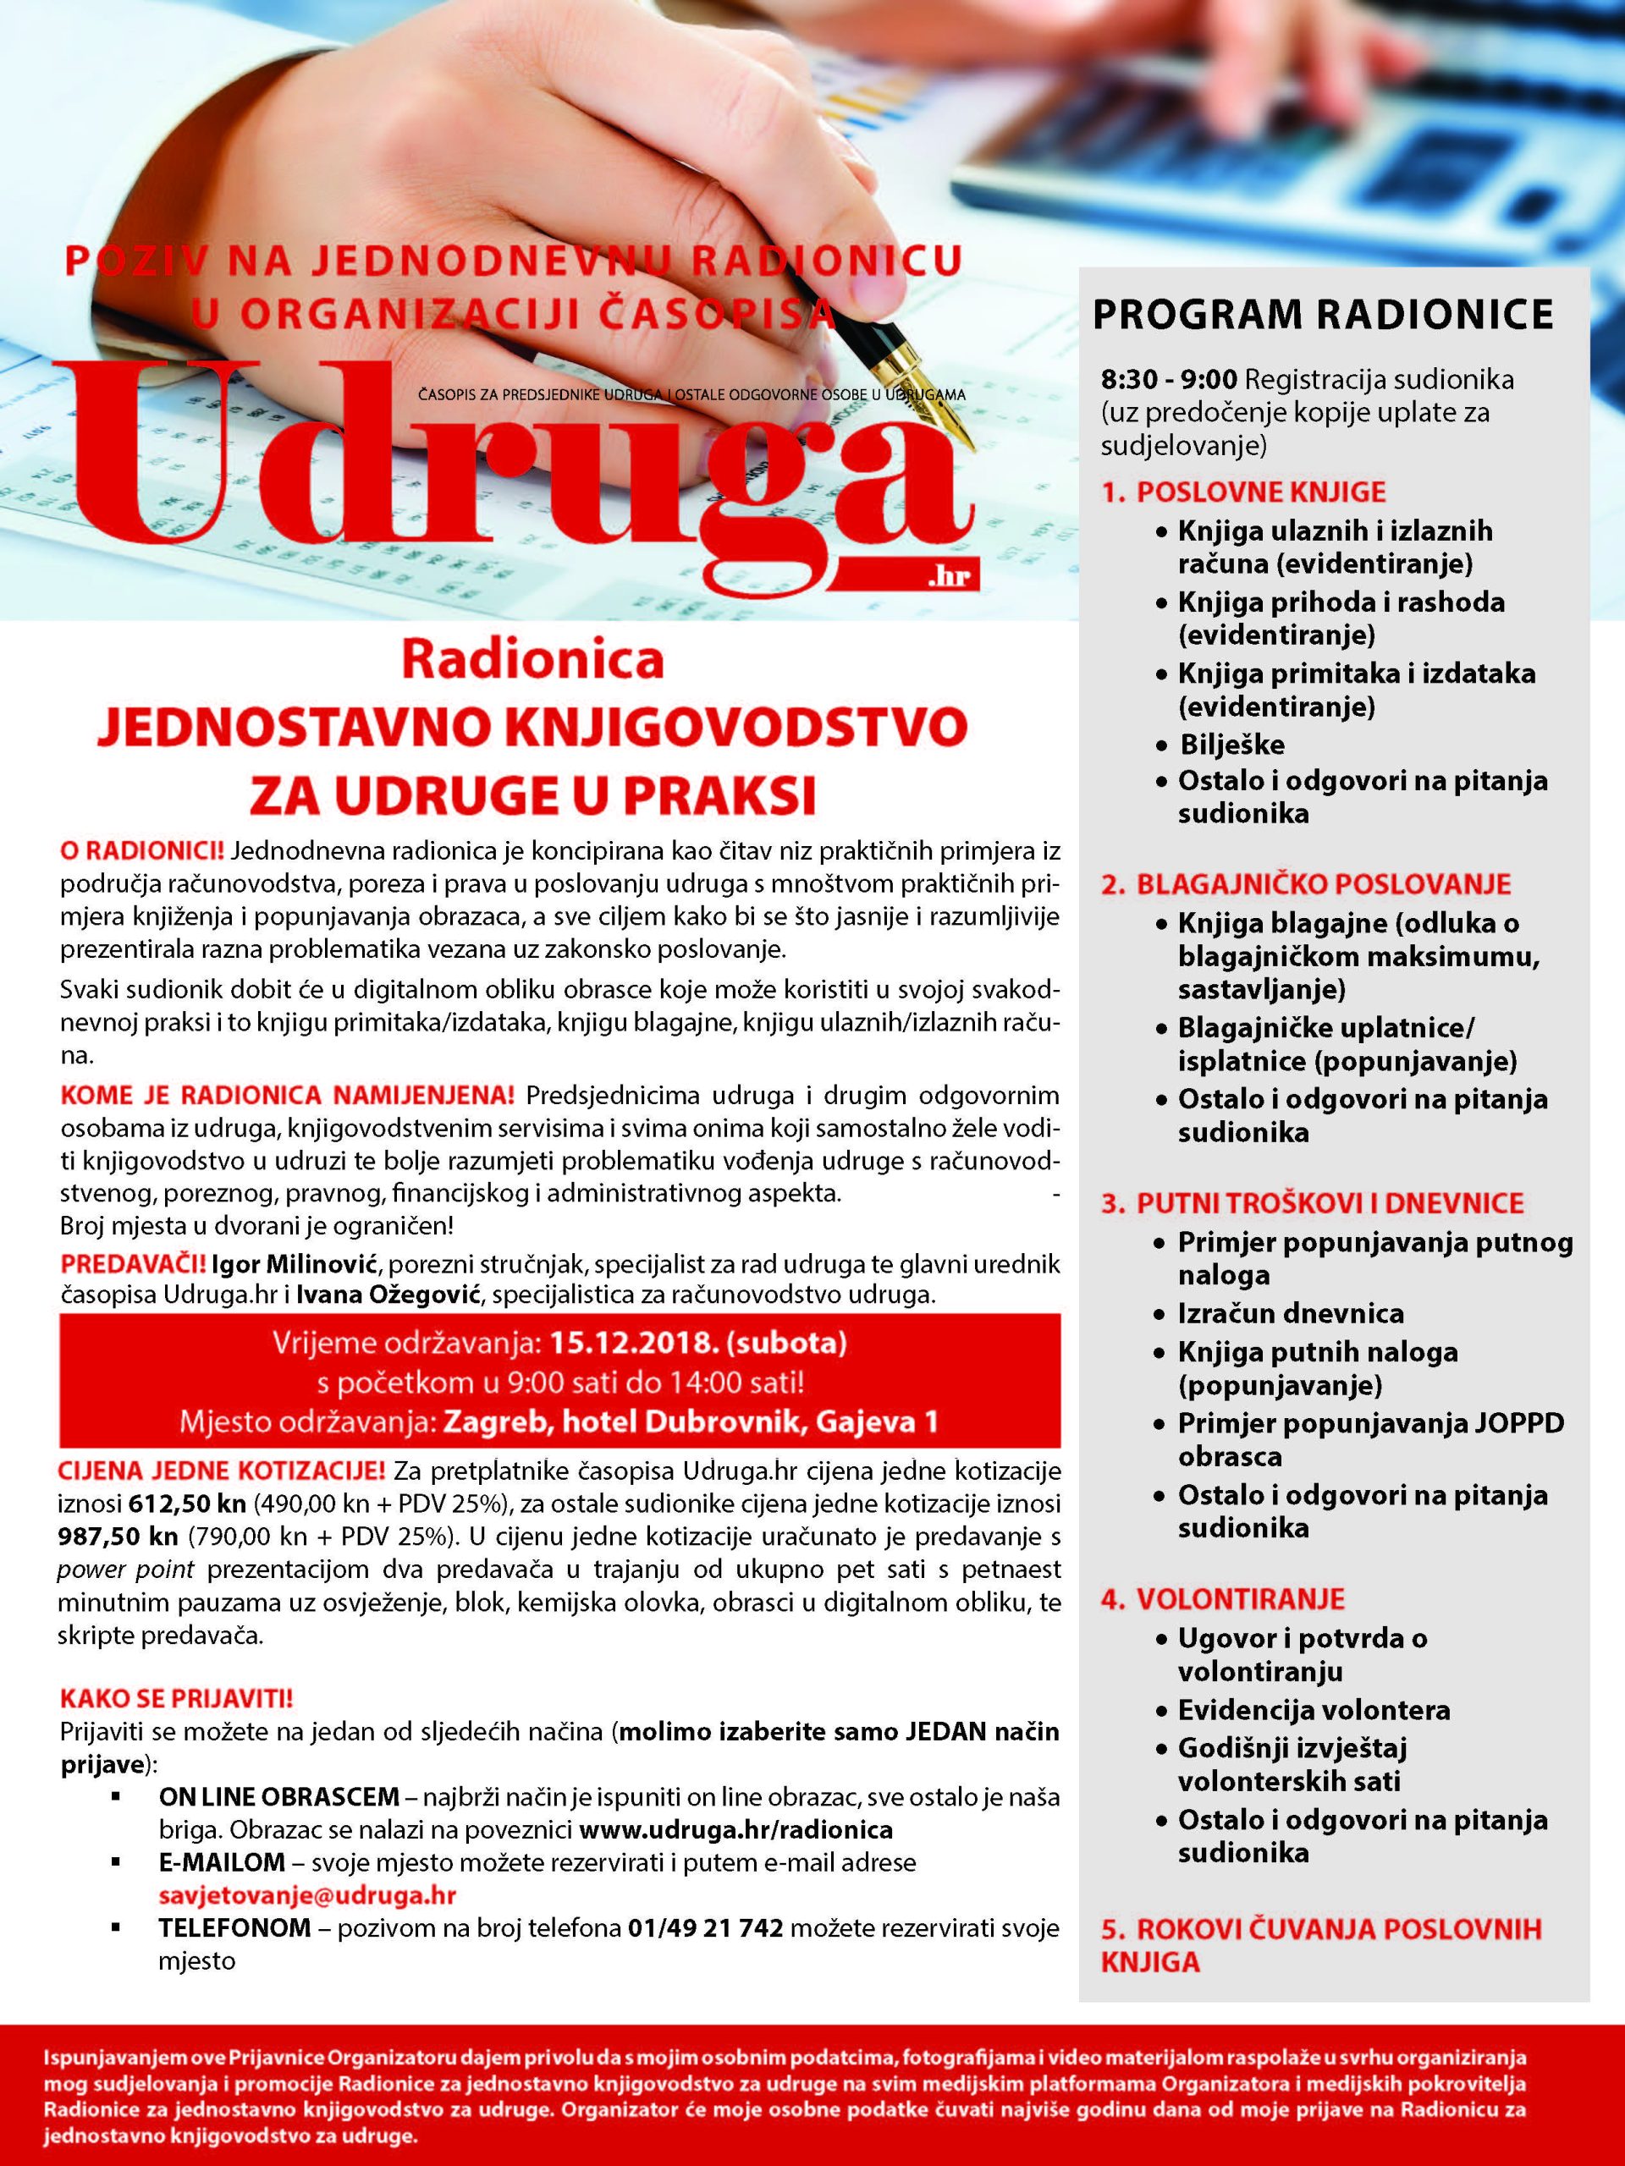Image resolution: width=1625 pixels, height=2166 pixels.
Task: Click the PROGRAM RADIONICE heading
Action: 1322,316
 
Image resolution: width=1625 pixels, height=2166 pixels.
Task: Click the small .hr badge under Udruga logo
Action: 951,577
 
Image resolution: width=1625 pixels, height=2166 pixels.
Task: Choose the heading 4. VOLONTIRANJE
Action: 1222,1600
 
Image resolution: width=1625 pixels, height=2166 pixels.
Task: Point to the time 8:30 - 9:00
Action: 1170,378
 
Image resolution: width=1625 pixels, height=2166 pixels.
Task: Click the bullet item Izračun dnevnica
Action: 1290,1313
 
